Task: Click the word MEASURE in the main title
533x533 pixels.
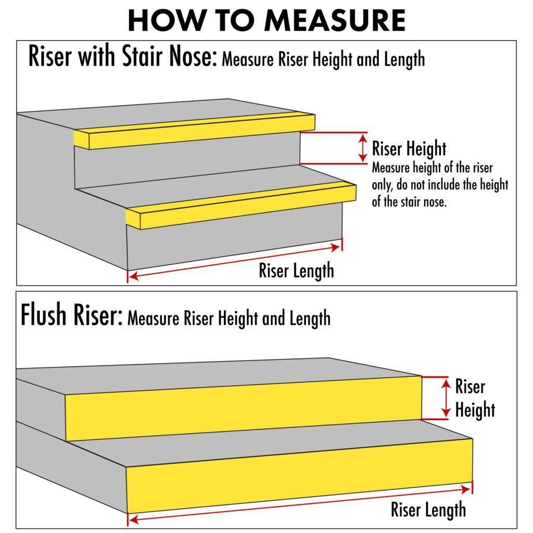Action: pos(335,20)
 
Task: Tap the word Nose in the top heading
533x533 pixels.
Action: pos(193,56)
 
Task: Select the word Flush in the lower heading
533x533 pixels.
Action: pos(44,314)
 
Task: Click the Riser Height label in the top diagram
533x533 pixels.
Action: pos(409,149)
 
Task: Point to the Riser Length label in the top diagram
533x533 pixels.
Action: pos(296,271)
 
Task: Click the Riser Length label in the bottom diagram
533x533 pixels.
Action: pos(428,510)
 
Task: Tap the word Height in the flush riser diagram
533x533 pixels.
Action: pos(475,410)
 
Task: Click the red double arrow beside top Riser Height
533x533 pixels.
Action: pos(363,148)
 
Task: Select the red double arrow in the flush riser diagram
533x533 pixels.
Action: pos(446,398)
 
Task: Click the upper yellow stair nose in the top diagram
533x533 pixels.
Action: pos(195,131)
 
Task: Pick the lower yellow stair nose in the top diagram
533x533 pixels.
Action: pos(241,205)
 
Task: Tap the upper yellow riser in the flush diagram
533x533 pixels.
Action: pos(244,409)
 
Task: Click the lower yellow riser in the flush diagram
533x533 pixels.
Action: pos(299,476)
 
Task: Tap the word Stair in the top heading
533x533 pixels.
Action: pos(143,56)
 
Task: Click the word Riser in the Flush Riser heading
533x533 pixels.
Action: pos(97,314)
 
